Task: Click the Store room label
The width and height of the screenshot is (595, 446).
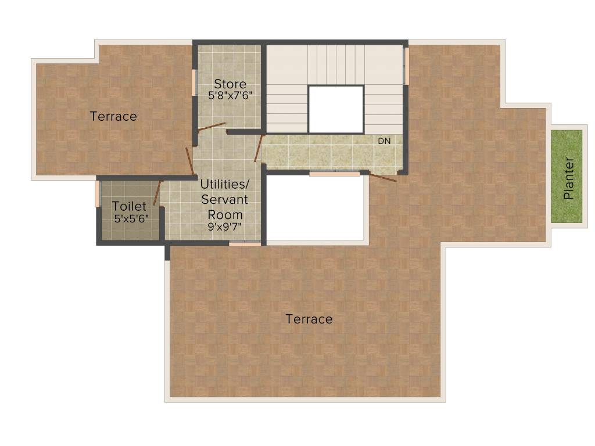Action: [230, 84]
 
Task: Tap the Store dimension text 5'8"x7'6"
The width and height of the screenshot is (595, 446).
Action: [230, 95]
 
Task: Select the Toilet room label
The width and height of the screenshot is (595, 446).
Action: [129, 206]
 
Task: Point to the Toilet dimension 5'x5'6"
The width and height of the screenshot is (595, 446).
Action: [131, 218]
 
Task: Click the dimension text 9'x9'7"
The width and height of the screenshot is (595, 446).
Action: [225, 226]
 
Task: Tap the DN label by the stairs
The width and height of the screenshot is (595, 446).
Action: [384, 141]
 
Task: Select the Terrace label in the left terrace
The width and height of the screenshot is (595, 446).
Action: [113, 116]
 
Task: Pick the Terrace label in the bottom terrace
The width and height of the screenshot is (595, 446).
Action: [309, 319]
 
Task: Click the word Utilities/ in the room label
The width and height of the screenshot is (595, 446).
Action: [225, 184]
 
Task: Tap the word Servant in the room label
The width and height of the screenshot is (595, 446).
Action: [225, 199]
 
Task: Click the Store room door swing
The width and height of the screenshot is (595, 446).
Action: [212, 127]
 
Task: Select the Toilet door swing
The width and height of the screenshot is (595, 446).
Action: [157, 193]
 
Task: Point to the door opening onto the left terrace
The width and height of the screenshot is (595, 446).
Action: [189, 161]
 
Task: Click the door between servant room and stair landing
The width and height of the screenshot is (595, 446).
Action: [259, 148]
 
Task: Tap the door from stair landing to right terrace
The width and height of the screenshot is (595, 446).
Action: [383, 177]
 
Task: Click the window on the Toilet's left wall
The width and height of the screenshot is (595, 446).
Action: [98, 194]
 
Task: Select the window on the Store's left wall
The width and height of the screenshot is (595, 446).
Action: [194, 82]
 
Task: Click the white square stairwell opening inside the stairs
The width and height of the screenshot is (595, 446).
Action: [335, 109]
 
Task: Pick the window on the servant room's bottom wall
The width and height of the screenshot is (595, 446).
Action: [245, 244]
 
